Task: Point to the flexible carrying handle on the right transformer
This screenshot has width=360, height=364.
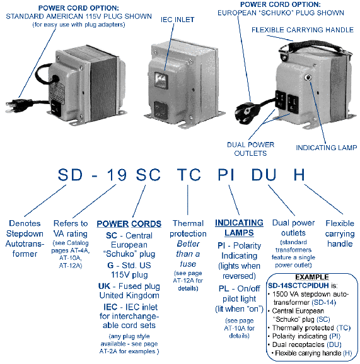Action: coord(315,47)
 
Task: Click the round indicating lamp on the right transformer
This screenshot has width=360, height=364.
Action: coord(308,78)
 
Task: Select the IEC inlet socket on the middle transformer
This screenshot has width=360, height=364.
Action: coord(161,81)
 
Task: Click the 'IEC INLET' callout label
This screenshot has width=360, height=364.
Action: coord(177,20)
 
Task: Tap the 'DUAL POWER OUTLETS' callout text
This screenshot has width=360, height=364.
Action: coord(250,149)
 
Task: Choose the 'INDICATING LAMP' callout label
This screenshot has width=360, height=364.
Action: coord(327,148)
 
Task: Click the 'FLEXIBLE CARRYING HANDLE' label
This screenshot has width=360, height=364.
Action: coord(303,30)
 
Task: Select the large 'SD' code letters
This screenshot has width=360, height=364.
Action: coord(70,175)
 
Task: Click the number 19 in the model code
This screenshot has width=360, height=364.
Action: coord(117,175)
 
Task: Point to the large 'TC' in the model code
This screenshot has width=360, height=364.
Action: coord(189,175)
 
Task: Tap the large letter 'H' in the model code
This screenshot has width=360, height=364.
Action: coord(299,175)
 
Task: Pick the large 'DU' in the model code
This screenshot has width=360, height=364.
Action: coord(264,175)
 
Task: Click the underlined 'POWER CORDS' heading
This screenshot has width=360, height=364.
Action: coord(129,224)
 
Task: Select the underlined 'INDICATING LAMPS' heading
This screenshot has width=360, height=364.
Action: coord(239,228)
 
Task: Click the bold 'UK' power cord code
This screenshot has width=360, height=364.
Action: coord(104,286)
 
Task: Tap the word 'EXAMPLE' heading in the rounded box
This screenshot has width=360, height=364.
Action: coord(312,277)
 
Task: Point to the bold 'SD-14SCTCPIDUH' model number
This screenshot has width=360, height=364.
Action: coord(298,285)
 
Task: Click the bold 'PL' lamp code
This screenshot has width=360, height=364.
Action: coord(224,288)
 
